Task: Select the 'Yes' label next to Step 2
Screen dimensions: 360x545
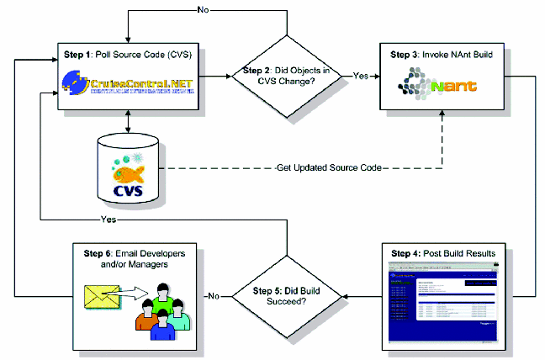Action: tap(361, 76)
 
